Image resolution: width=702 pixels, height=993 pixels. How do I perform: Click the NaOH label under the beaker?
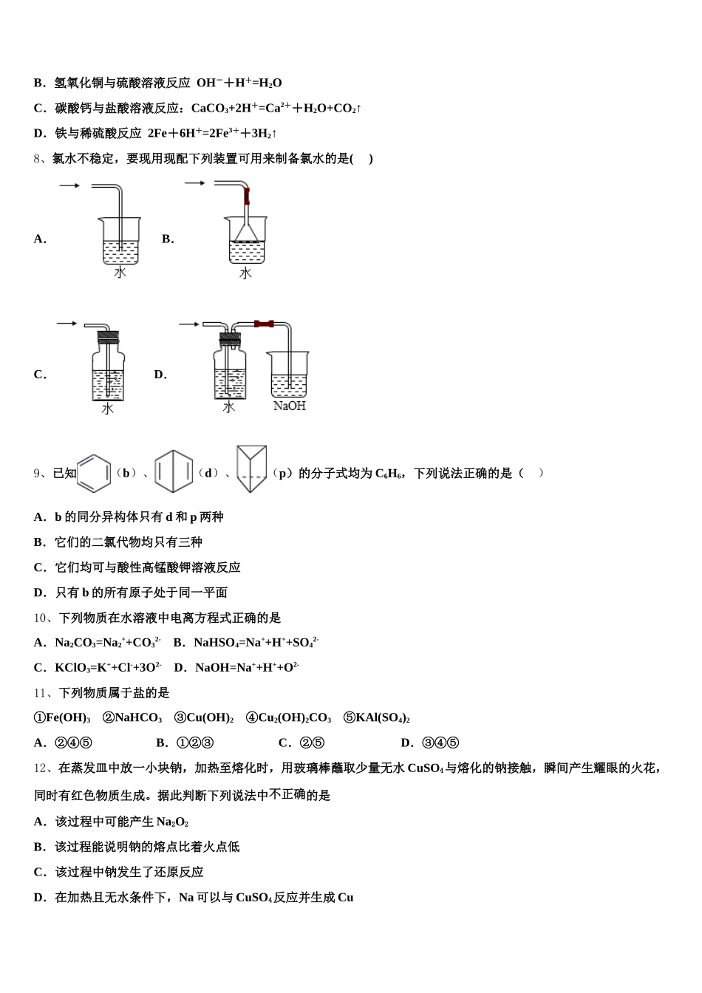click(x=289, y=406)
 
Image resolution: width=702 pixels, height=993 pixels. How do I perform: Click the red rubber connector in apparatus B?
click(x=248, y=197)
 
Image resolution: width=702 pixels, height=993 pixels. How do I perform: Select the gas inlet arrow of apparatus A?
click(x=69, y=185)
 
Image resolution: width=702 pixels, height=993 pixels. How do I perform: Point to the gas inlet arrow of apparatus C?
click(x=67, y=323)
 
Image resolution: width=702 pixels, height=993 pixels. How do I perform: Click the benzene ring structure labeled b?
click(x=94, y=472)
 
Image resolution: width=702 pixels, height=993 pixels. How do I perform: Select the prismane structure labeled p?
click(x=252, y=468)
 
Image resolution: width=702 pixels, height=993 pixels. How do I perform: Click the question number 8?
click(x=38, y=159)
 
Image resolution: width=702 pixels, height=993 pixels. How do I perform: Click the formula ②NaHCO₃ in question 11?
click(x=132, y=718)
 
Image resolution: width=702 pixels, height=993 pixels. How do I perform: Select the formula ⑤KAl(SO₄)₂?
click(x=377, y=718)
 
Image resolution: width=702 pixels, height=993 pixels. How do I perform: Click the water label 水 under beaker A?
click(x=120, y=273)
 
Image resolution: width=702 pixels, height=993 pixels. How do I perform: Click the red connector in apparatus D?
click(x=264, y=324)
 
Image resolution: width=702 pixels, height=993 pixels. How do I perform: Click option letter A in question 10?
click(x=38, y=643)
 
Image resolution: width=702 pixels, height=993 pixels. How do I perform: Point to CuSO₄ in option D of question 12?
click(x=253, y=898)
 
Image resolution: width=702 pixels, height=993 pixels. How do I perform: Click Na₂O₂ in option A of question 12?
click(x=172, y=822)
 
